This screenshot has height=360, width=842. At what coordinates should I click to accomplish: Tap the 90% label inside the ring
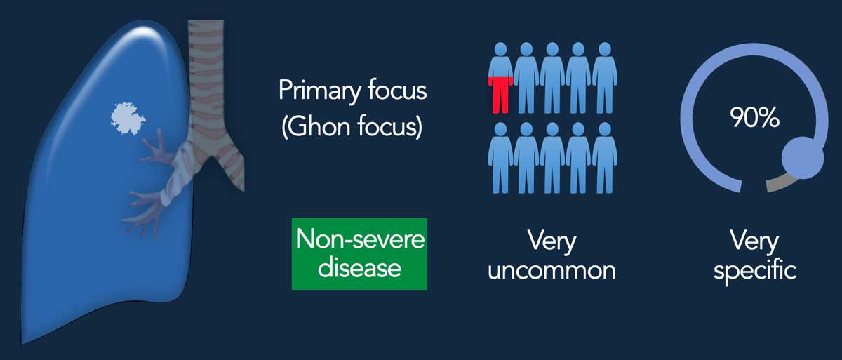pos(754,118)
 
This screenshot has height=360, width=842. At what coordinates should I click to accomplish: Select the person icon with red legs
pos(500,78)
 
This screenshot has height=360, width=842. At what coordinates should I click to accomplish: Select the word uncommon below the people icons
pos(552,270)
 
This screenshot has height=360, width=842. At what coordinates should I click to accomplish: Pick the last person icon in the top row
pos(605,78)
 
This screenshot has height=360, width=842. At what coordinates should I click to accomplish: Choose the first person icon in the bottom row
pos(500,158)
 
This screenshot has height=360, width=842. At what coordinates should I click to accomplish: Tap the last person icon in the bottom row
pos(605,158)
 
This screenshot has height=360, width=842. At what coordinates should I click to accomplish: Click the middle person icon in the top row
pos(552,78)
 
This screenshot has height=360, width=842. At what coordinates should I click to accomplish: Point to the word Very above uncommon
pos(552,242)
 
